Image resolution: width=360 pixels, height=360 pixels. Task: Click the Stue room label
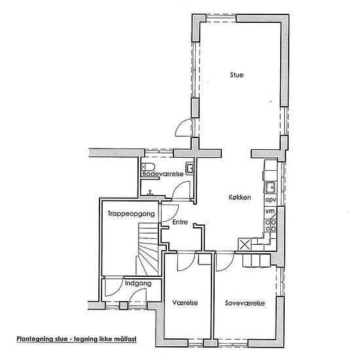point(236,75)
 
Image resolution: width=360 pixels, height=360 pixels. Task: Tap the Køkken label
point(240,197)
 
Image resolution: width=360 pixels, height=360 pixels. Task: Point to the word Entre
point(180,222)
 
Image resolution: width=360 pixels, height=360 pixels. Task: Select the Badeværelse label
point(163,173)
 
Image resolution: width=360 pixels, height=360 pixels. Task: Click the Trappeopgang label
point(131,214)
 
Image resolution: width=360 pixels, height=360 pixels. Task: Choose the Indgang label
point(138,283)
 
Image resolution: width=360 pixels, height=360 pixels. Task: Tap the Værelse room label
point(185,302)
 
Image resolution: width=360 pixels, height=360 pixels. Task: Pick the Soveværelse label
point(245,303)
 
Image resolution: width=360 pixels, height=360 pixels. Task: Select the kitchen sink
point(271,187)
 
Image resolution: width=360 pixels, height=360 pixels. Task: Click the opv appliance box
point(271,200)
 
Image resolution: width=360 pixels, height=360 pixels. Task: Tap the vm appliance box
point(270,211)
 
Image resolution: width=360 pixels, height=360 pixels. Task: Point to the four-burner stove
point(270,225)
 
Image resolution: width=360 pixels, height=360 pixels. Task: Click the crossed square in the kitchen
point(245,244)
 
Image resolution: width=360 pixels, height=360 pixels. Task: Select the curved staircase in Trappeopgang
point(148,249)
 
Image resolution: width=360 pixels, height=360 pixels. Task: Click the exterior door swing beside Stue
point(184,128)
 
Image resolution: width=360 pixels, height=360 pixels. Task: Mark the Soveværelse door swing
point(225,262)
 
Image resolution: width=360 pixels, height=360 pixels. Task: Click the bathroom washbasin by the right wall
point(190,168)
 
